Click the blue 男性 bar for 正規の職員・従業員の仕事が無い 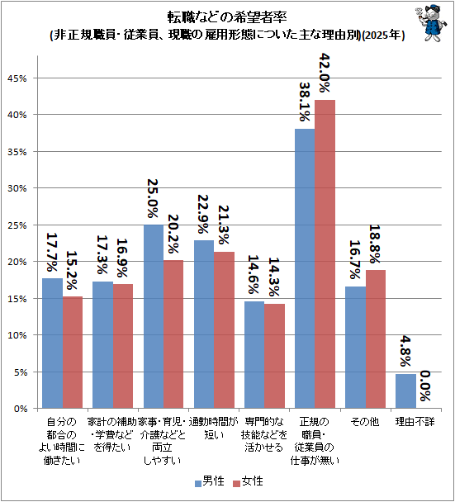305,268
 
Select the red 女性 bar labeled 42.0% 325,253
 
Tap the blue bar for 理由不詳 405,391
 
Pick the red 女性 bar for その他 376,339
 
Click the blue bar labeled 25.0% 154,316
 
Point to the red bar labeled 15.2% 73,353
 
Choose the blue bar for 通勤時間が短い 204,324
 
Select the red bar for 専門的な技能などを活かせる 274,356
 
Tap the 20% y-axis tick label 17,262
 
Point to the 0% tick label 20,409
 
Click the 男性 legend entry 210,481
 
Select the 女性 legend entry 248,481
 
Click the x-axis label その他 365,422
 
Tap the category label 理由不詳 415,422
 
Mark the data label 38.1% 305,102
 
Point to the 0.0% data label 425,386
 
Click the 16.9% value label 122,258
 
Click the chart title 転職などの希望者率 227,17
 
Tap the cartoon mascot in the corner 431,23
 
